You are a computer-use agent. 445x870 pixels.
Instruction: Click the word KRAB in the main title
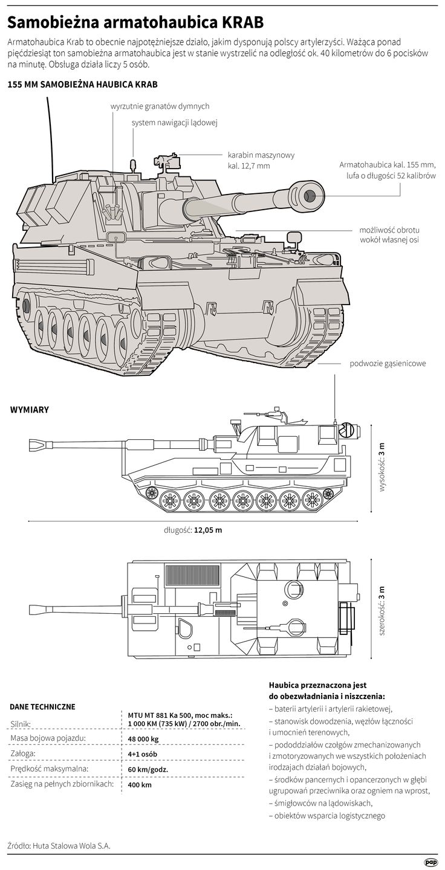tap(242, 23)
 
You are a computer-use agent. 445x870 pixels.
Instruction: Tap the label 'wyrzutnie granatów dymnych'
tap(160, 106)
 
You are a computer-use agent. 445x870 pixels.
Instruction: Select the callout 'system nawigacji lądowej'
tap(174, 123)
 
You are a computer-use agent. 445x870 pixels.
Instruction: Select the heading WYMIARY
tap(30, 410)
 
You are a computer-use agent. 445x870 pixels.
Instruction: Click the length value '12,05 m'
tap(209, 530)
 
